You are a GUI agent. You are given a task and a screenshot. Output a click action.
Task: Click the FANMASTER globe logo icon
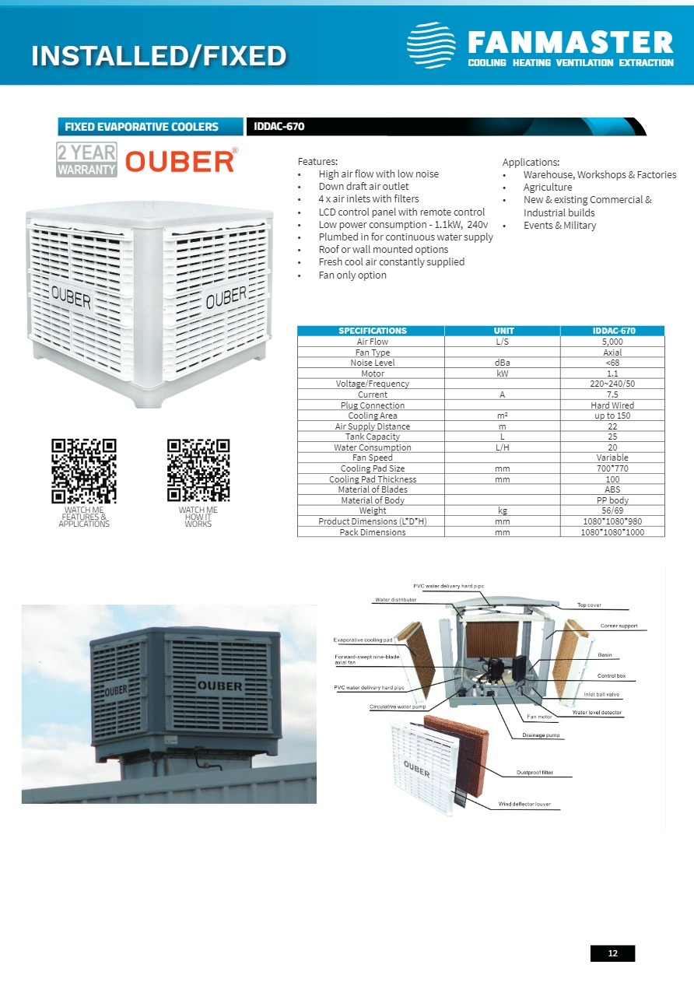(x=431, y=45)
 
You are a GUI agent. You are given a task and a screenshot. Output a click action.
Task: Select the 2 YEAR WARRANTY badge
(x=86, y=160)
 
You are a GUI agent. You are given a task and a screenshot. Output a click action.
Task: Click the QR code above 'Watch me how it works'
(x=198, y=470)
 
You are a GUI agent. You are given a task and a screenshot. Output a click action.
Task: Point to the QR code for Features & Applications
(x=84, y=470)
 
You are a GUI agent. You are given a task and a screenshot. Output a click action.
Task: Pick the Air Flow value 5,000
(x=612, y=342)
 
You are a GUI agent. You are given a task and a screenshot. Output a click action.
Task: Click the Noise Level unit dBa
(x=503, y=363)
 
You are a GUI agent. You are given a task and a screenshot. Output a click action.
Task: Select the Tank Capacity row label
(x=372, y=437)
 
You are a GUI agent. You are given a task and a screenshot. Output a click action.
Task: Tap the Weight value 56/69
(x=612, y=510)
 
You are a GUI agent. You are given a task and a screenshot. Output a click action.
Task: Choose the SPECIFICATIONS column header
(x=372, y=331)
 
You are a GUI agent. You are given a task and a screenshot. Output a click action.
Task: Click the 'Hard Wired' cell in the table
(x=612, y=405)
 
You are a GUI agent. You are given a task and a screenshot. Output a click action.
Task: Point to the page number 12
(x=612, y=953)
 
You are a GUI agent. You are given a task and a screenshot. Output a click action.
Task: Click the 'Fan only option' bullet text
(x=352, y=275)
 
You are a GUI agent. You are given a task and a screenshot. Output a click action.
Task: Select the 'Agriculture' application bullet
(x=548, y=187)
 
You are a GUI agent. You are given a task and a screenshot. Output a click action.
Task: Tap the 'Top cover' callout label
(x=589, y=605)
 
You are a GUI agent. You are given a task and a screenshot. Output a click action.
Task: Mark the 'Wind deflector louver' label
(x=524, y=803)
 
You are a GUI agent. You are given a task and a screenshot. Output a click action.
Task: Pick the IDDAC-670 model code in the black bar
(x=279, y=126)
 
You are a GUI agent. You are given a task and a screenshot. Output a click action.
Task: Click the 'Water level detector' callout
(x=598, y=712)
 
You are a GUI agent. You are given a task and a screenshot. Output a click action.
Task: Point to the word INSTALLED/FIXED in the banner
(x=159, y=55)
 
